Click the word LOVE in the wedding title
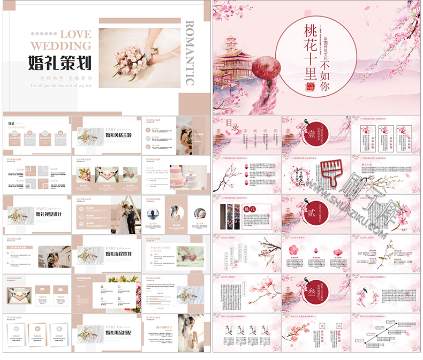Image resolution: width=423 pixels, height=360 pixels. tap(77, 34)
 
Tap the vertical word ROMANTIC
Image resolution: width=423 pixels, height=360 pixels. tap(189, 53)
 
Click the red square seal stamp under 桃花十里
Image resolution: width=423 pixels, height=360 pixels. tap(310, 87)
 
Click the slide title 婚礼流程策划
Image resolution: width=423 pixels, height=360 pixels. tap(119, 254)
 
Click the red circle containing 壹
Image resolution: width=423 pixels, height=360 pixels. tap(311, 134)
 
